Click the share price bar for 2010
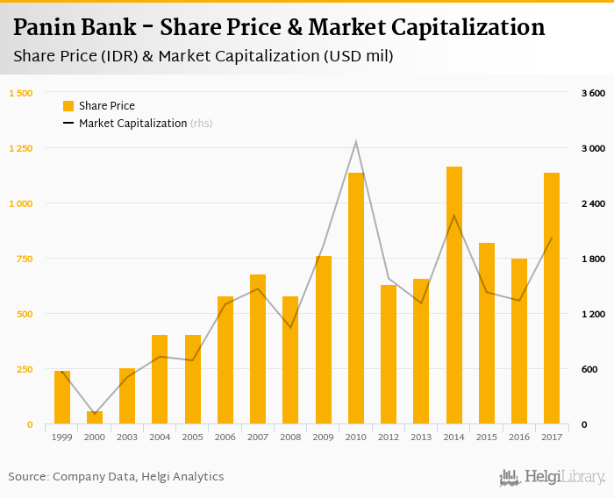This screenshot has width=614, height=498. tap(356, 298)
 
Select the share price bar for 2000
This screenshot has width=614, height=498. tap(95, 417)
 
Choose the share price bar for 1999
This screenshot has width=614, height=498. tap(62, 397)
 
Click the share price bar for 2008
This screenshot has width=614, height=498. tap(290, 359)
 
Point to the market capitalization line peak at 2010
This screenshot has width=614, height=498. tap(356, 141)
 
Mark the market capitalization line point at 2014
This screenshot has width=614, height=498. tap(454, 216)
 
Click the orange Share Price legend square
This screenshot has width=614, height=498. tap(68, 106)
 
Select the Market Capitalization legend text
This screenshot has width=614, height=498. tap(132, 124)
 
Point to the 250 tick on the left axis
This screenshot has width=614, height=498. tap(25, 369)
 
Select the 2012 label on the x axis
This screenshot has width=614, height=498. tap(389, 437)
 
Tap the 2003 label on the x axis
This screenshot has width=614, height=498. tap(127, 437)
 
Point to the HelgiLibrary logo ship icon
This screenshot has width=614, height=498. tap(510, 477)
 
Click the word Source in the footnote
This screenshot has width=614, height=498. tap(28, 477)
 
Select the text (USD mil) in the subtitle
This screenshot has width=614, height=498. tap(358, 57)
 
